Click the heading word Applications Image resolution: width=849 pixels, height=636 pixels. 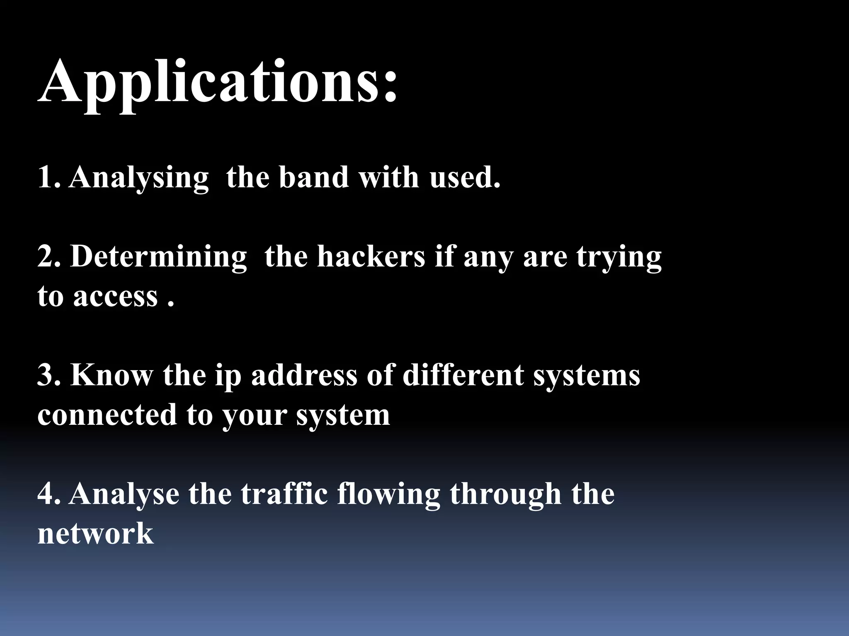pos(218,83)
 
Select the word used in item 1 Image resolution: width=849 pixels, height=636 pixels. pos(464,177)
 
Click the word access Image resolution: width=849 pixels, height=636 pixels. pos(116,296)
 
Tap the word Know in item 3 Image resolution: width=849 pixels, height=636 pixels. pos(111,375)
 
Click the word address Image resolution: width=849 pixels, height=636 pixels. pos(304,375)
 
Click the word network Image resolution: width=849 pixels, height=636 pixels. pos(95,534)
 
